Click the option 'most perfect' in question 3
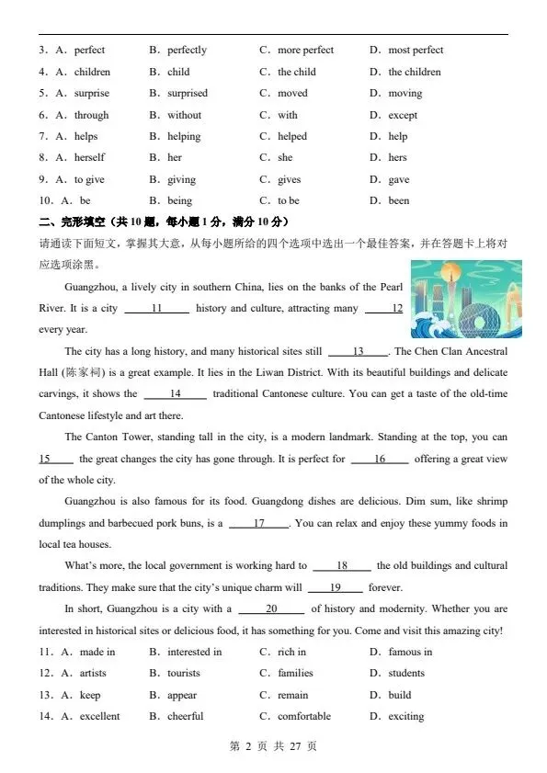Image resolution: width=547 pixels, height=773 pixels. [x=416, y=50]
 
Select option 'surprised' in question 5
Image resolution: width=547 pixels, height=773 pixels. [x=188, y=93]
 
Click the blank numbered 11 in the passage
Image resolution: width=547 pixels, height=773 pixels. [x=156, y=308]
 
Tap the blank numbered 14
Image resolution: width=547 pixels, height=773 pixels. [x=175, y=393]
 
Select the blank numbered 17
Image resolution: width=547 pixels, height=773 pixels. [x=258, y=523]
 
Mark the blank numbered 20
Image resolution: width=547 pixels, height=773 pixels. [x=271, y=608]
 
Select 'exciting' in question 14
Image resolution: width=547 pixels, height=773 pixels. [x=406, y=716]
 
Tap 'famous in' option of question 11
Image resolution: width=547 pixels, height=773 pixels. [x=410, y=652]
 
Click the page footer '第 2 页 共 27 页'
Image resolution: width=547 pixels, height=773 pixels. [x=273, y=746]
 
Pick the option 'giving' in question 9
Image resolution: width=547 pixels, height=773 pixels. [x=181, y=180]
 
